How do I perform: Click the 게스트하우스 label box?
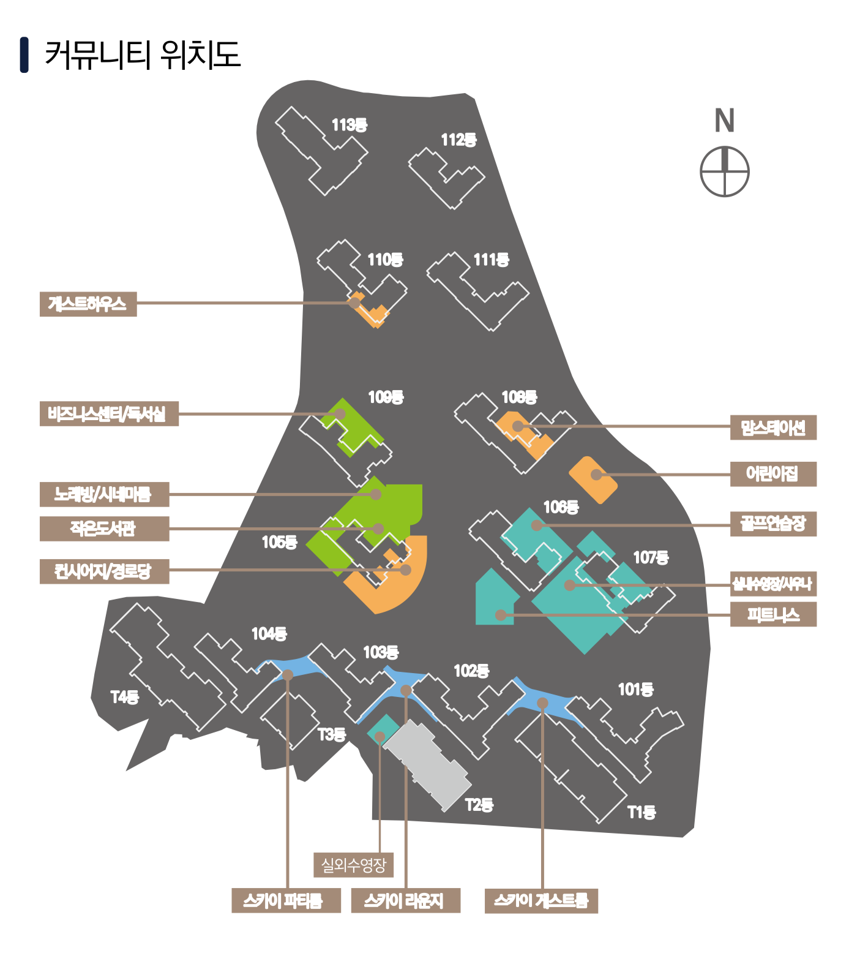point(88,304)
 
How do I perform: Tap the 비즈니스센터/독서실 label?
point(109,414)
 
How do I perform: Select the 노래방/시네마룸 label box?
point(104,494)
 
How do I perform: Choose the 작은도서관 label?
point(104,529)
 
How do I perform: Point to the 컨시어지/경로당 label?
point(104,571)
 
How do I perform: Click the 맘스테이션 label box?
point(773,428)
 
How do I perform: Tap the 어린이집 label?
point(773,474)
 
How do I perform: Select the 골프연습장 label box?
point(773,524)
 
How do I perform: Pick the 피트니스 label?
point(773,614)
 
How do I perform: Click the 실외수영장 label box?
point(353,865)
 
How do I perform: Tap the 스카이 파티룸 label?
point(286,901)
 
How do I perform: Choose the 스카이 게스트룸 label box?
point(541,901)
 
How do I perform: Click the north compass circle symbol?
point(725,171)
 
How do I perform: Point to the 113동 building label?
point(350,126)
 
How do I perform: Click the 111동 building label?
point(492,260)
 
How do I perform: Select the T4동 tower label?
point(125,697)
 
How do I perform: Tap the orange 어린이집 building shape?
point(593,480)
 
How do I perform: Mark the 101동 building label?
point(635,690)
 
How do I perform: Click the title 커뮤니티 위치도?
point(142,55)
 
